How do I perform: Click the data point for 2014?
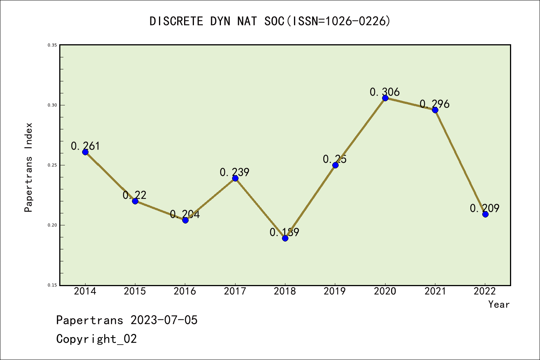point(85,152)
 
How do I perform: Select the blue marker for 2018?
point(285,238)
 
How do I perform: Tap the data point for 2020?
point(385,98)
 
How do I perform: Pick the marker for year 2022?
point(485,214)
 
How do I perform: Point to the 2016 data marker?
point(185,220)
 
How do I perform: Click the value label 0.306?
point(385,92)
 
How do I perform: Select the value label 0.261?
point(85,146)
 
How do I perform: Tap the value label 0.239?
point(234,172)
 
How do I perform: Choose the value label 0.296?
point(435,104)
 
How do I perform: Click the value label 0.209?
point(485,208)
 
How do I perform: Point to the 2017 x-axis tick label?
point(235,291)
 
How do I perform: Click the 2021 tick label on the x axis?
point(435,291)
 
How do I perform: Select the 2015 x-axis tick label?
point(135,291)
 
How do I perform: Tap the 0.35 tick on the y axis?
point(52,45)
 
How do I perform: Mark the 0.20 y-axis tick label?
point(52,225)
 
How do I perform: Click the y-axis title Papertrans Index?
point(28,167)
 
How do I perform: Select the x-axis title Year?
point(499,304)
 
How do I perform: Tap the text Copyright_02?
point(96,339)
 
